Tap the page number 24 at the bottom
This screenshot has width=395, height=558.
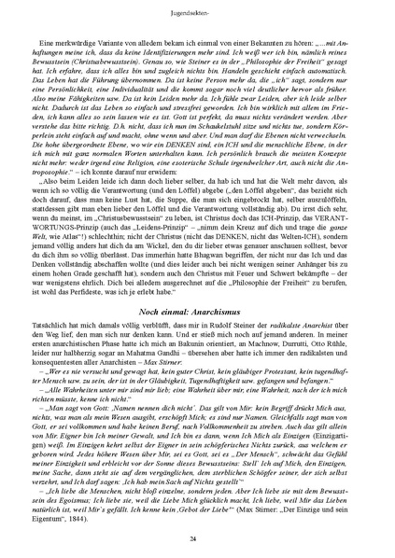tap(197, 540)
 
